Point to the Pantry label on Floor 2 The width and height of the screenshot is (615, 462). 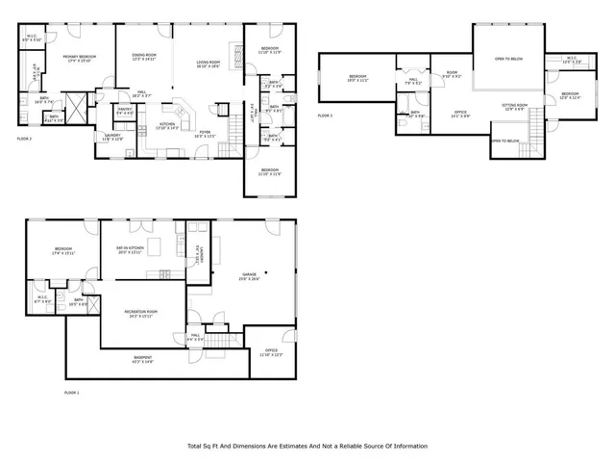click(x=125, y=112)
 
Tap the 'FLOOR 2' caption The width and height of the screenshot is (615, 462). click(x=24, y=139)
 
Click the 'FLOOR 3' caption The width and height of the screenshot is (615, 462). click(x=325, y=115)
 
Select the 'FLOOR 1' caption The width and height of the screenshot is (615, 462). click(x=71, y=393)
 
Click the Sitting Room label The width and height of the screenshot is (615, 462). click(x=515, y=106)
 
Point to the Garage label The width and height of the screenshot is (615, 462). click(x=248, y=277)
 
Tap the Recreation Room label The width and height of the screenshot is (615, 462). click(x=140, y=314)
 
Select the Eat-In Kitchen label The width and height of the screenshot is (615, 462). click(x=129, y=250)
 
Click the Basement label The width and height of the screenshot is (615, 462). click(x=142, y=359)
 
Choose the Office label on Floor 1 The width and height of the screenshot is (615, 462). click(x=272, y=352)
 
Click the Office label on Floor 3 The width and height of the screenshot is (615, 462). click(x=461, y=115)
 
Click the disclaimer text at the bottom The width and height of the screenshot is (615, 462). click(x=307, y=446)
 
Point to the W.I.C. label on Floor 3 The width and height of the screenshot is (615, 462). click(x=571, y=60)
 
